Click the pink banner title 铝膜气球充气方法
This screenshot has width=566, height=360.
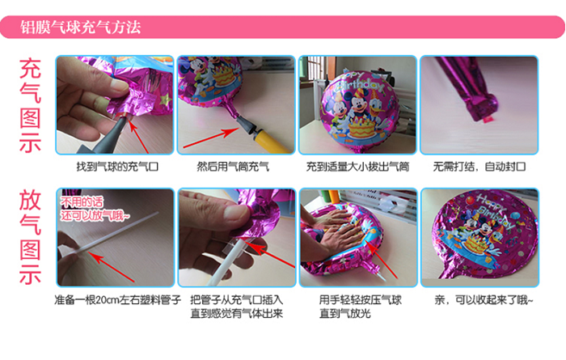tap(80, 27)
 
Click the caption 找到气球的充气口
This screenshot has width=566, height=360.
tap(117, 167)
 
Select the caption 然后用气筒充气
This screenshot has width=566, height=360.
tap(233, 167)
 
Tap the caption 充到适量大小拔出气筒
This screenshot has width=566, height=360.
tap(357, 167)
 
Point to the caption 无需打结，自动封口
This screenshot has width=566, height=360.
tap(479, 167)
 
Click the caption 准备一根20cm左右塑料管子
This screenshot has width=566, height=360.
tap(118, 300)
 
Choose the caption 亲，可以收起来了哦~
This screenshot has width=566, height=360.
tap(484, 300)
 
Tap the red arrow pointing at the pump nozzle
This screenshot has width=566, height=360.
tap(211, 138)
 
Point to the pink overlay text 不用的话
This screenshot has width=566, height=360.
tap(82, 202)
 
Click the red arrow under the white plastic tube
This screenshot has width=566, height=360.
tap(112, 267)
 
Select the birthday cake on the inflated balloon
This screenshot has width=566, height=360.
tap(361, 129)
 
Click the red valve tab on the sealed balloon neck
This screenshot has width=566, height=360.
tap(485, 119)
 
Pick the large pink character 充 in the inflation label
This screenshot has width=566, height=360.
tap(30, 69)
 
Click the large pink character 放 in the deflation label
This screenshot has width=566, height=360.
tap(30, 200)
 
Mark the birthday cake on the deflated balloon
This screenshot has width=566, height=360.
tap(475, 243)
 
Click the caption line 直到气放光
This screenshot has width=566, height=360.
tap(345, 313)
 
